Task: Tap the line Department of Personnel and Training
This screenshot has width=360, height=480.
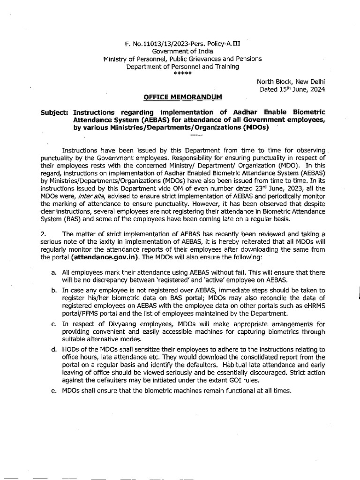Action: point(182,67)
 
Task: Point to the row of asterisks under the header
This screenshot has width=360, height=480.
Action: point(182,74)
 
